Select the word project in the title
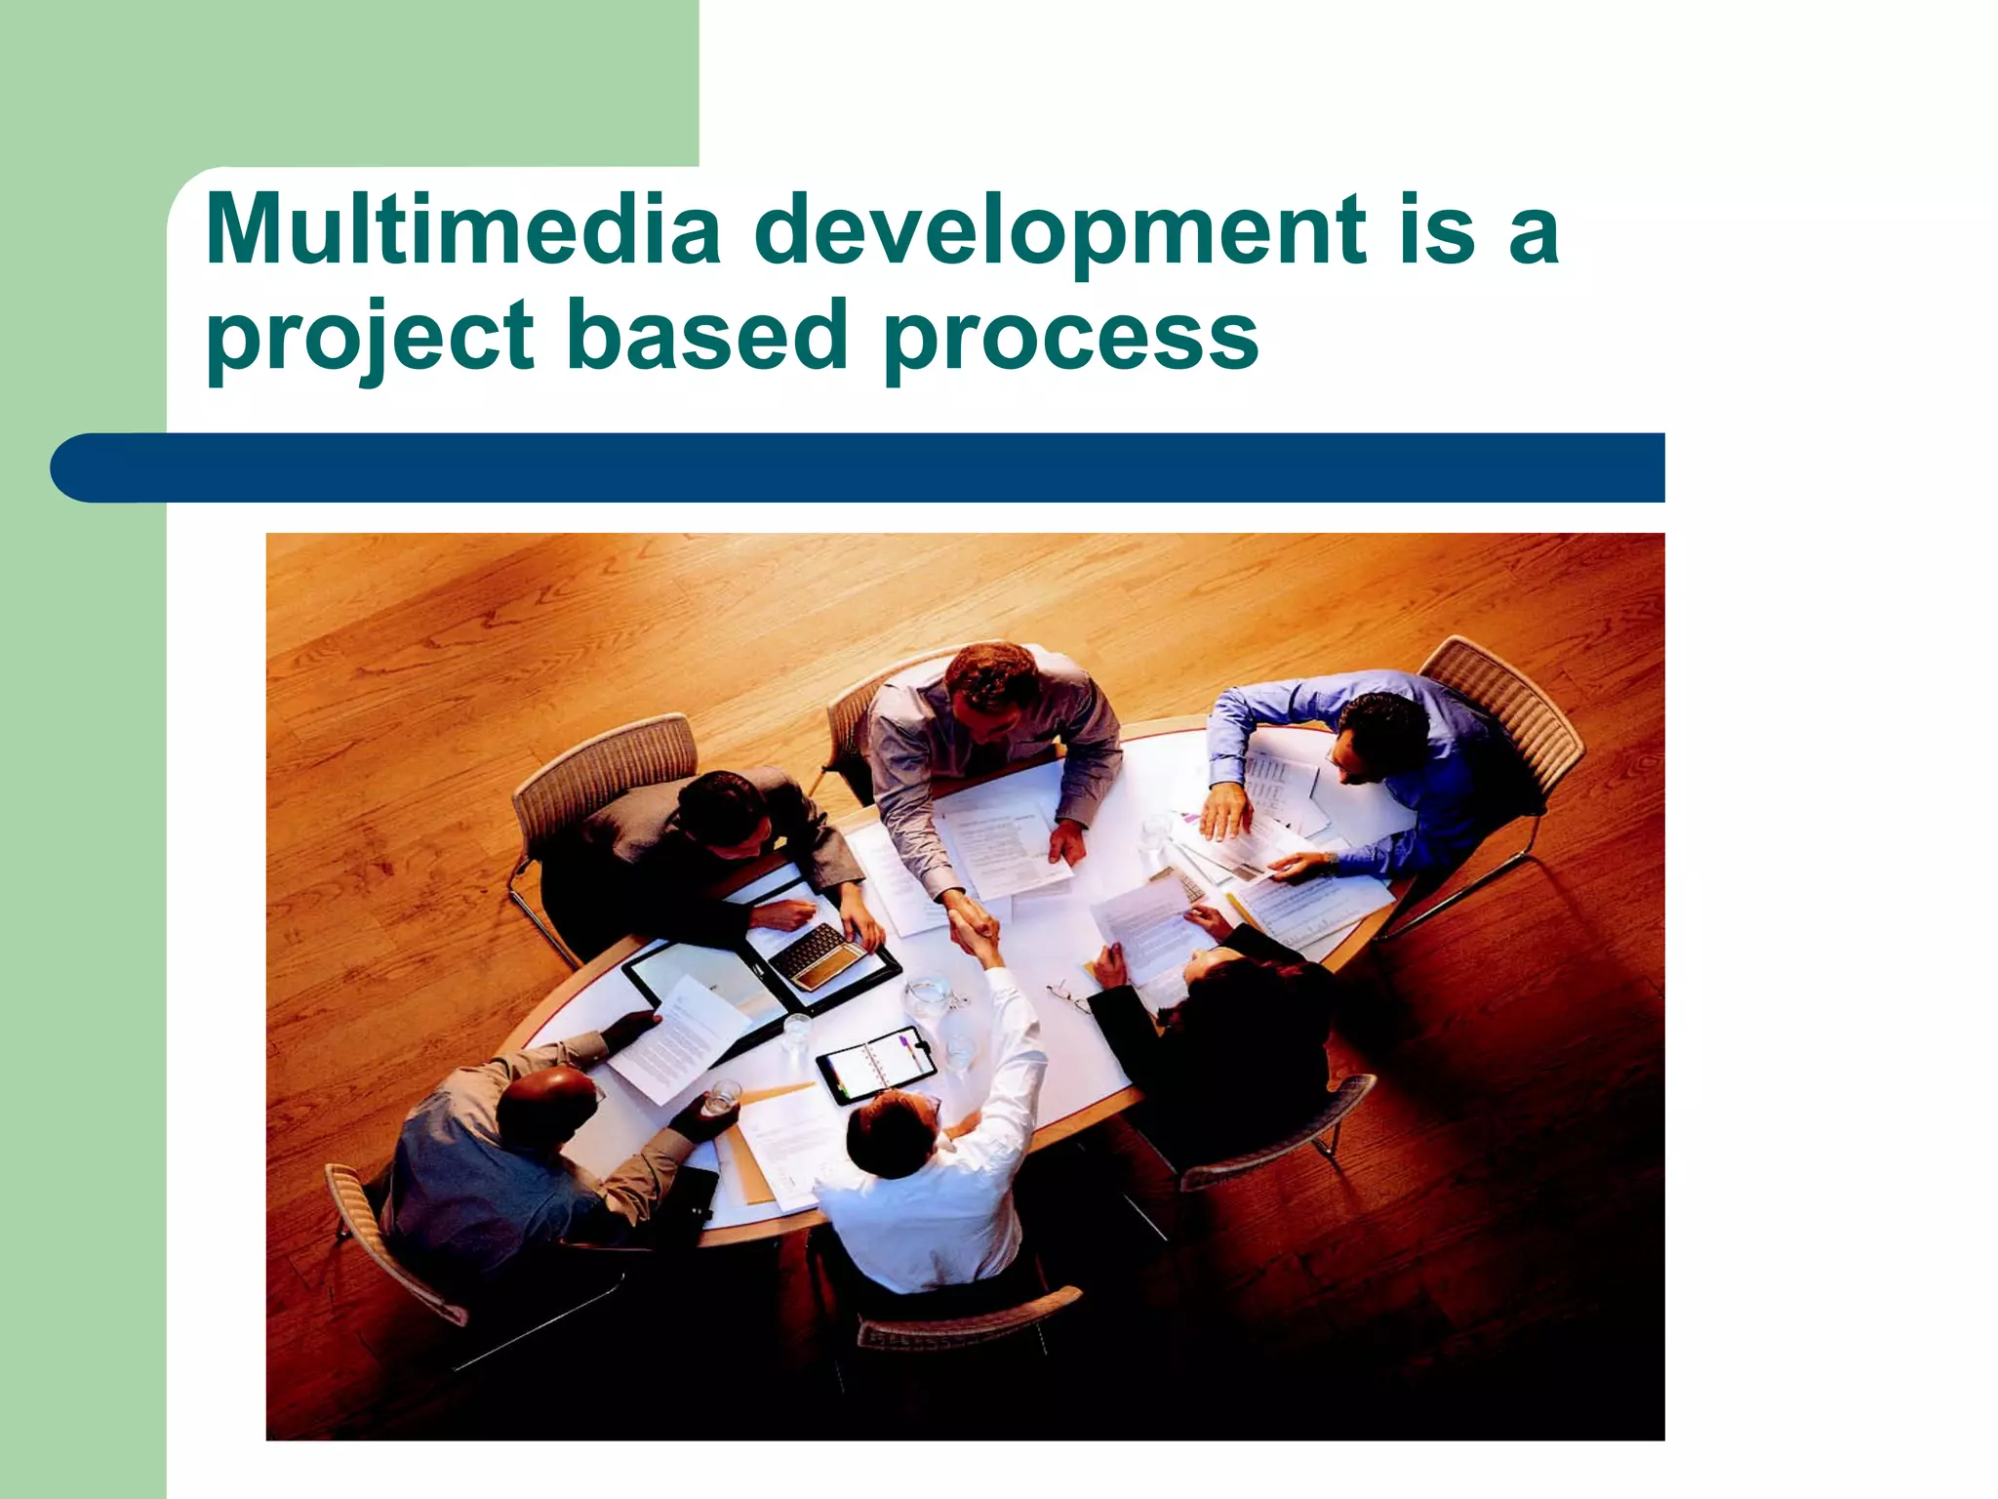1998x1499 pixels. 370,338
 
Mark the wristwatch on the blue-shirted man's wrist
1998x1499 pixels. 1328,861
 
